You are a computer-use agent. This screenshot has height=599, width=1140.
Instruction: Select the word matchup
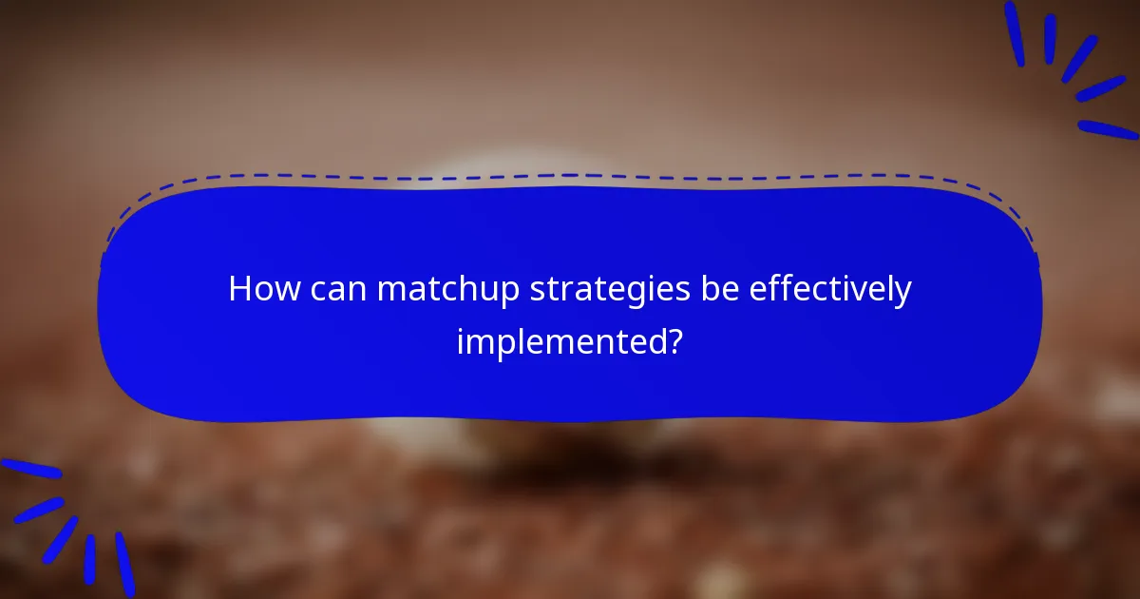click(x=447, y=291)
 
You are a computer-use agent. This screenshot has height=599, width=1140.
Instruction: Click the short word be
click(x=724, y=289)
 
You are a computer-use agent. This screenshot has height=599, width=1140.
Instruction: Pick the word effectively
click(x=830, y=289)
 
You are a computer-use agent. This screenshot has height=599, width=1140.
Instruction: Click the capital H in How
click(x=240, y=289)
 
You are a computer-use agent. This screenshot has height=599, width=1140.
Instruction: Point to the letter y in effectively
click(x=902, y=294)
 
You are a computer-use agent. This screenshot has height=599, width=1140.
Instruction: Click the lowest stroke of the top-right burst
click(x=1108, y=129)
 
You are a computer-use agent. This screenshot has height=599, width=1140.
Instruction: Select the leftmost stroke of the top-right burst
click(x=1015, y=33)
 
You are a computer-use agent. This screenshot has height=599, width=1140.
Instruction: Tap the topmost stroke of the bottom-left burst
click(x=30, y=469)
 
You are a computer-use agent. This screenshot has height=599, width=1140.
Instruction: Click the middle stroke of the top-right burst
click(x=1079, y=58)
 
